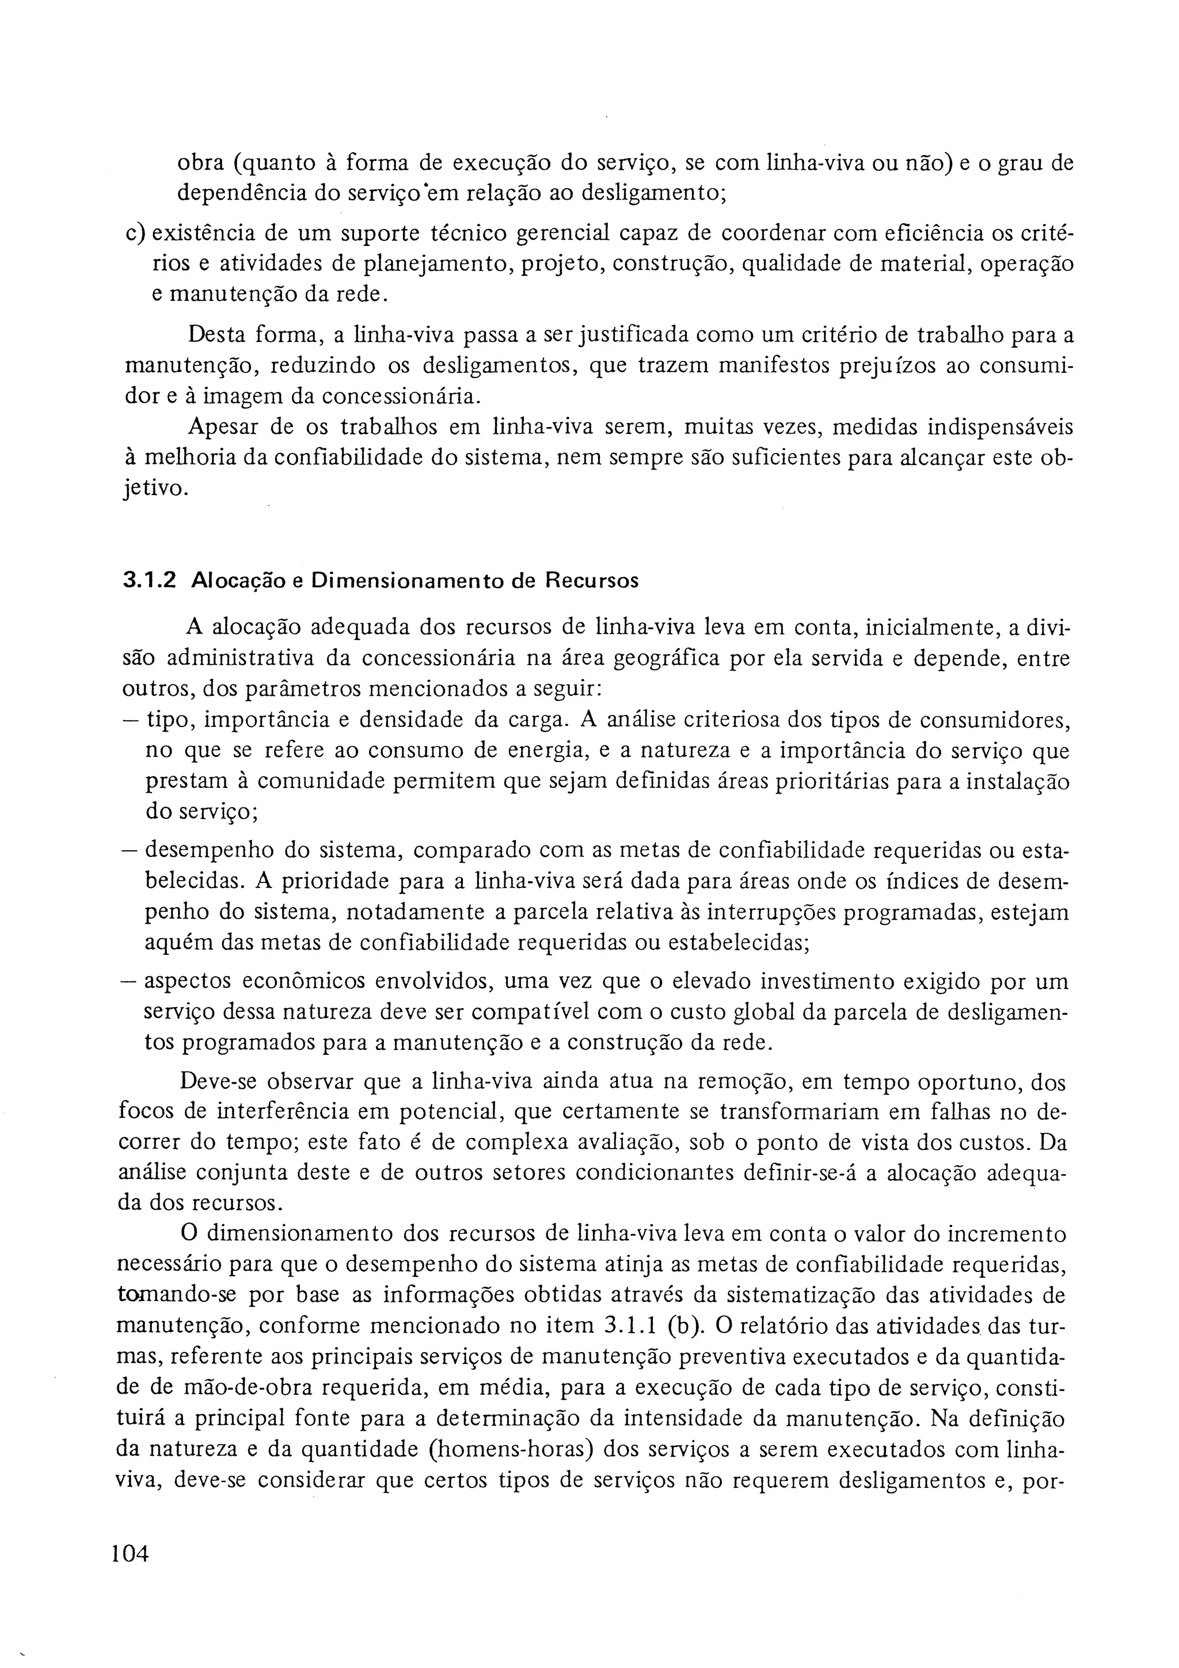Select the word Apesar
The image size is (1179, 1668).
[x=223, y=426]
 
